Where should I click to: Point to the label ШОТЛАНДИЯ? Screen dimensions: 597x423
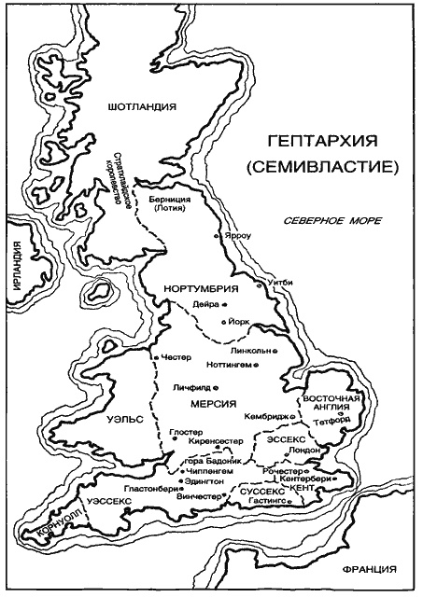click(141, 106)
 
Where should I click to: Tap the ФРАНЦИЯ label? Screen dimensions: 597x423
click(370, 568)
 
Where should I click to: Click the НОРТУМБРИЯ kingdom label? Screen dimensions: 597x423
click(196, 287)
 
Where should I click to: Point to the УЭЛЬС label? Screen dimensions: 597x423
click(124, 421)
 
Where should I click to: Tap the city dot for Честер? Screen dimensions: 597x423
click(154, 357)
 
